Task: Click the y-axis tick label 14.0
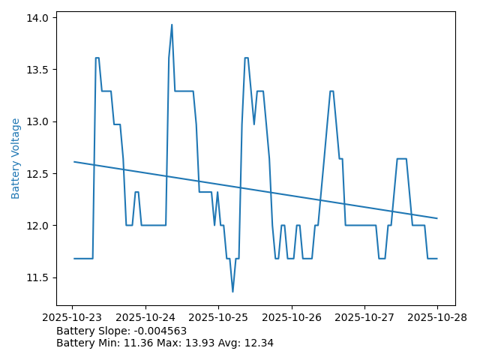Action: (x=38, y=17)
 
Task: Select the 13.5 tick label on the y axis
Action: (x=38, y=70)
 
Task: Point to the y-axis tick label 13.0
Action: (x=38, y=121)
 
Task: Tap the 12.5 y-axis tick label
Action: (x=38, y=173)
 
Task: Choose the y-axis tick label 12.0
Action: (x=38, y=226)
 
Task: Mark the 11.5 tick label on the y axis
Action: (x=38, y=277)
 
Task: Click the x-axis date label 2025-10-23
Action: (x=73, y=317)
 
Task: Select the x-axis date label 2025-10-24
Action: (x=145, y=317)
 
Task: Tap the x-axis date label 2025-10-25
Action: (x=218, y=317)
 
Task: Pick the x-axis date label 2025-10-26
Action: (x=291, y=317)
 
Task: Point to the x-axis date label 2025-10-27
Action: (x=364, y=317)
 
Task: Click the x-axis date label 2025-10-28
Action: (x=437, y=317)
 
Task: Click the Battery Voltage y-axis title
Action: (x=16, y=158)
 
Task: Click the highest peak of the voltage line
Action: (x=172, y=25)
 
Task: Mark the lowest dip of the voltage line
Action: (x=232, y=292)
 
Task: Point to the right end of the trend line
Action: (x=436, y=218)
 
